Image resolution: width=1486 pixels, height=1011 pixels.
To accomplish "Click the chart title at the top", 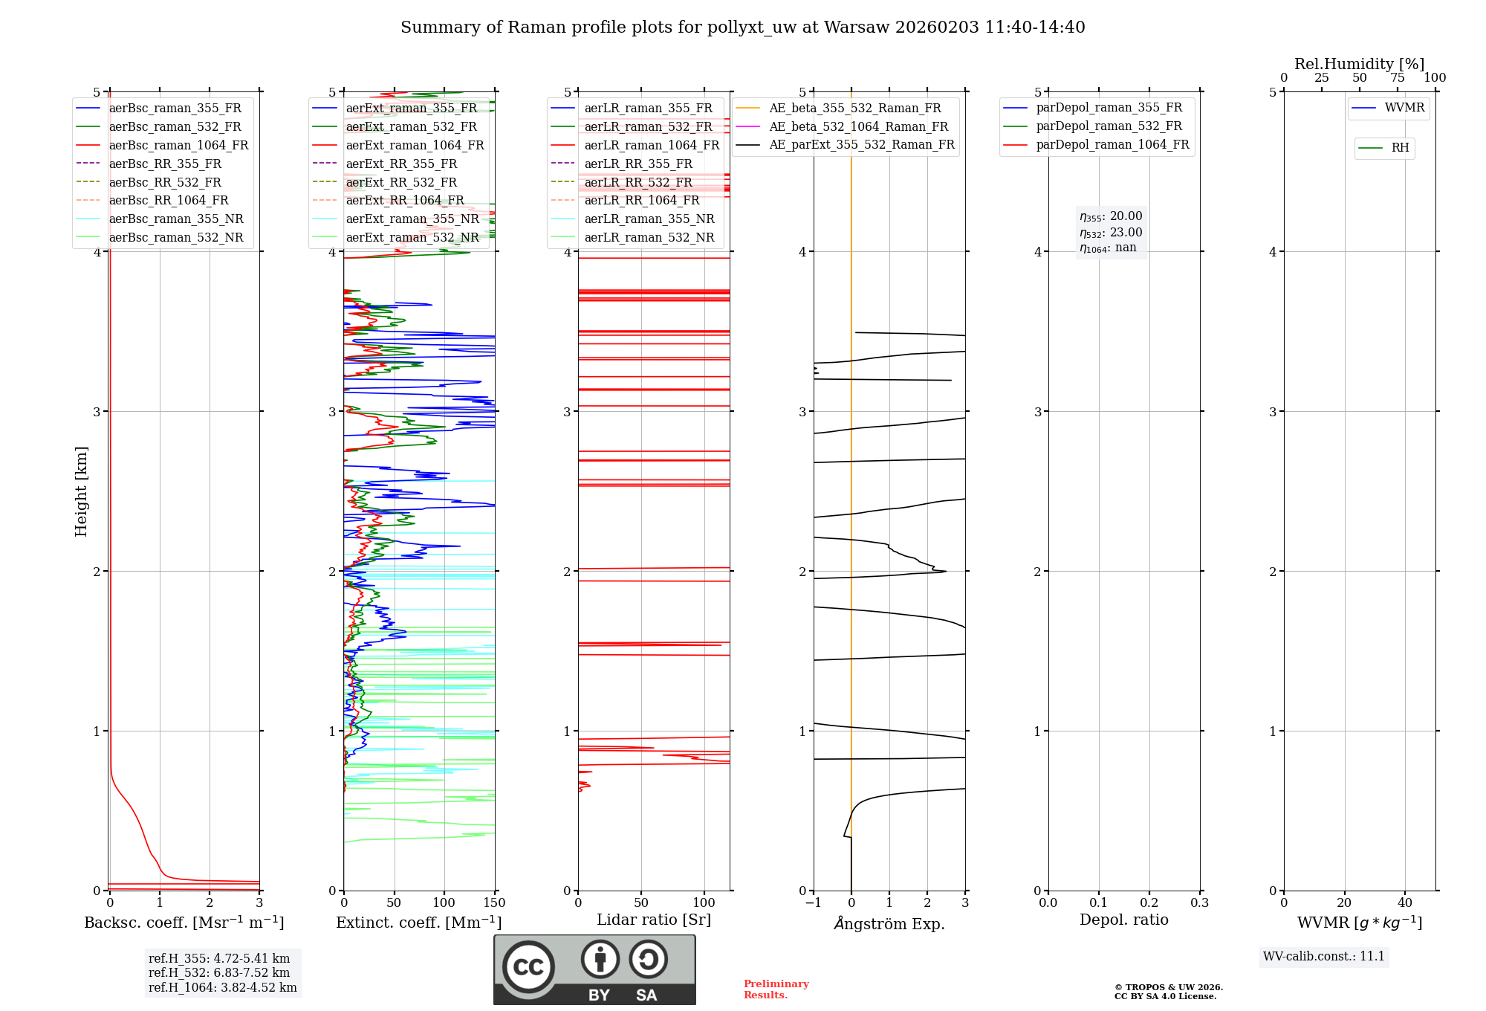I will [742, 28].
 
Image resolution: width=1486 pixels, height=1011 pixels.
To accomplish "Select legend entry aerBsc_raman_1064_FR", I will [178, 145].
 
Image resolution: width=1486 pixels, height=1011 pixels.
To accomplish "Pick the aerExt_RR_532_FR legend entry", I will [401, 182].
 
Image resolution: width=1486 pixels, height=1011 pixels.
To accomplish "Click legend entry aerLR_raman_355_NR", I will [649, 219].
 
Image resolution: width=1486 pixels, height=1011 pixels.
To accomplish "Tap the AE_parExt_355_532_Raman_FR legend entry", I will [861, 144].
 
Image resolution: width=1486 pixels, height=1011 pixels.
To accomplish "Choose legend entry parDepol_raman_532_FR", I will [1109, 126].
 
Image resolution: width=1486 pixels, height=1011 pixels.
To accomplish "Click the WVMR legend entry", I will [1404, 108].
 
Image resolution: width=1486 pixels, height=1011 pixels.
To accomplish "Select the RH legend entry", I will [1400, 148].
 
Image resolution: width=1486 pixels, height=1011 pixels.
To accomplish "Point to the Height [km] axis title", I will [81, 491].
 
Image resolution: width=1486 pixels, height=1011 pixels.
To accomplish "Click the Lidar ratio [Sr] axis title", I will [653, 920].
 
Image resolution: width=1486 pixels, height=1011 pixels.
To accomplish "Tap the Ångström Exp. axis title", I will [889, 923].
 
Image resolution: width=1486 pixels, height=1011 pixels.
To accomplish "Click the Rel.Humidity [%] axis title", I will [1359, 64].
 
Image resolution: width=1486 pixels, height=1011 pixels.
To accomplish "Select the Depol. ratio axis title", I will [1123, 920].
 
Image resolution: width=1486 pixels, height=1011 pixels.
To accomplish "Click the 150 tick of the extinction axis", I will [494, 903].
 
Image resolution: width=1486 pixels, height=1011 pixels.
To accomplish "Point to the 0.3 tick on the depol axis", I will [1199, 903].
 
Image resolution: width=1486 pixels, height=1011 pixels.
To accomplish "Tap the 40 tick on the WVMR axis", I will [1404, 903].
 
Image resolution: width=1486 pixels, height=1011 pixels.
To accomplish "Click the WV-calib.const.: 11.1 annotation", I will [1324, 956].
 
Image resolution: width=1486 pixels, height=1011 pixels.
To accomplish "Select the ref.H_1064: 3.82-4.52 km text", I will [222, 987].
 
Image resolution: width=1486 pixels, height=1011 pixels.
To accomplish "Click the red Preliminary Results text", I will [776, 989].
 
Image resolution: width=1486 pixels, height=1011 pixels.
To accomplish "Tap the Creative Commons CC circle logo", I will [528, 966].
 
